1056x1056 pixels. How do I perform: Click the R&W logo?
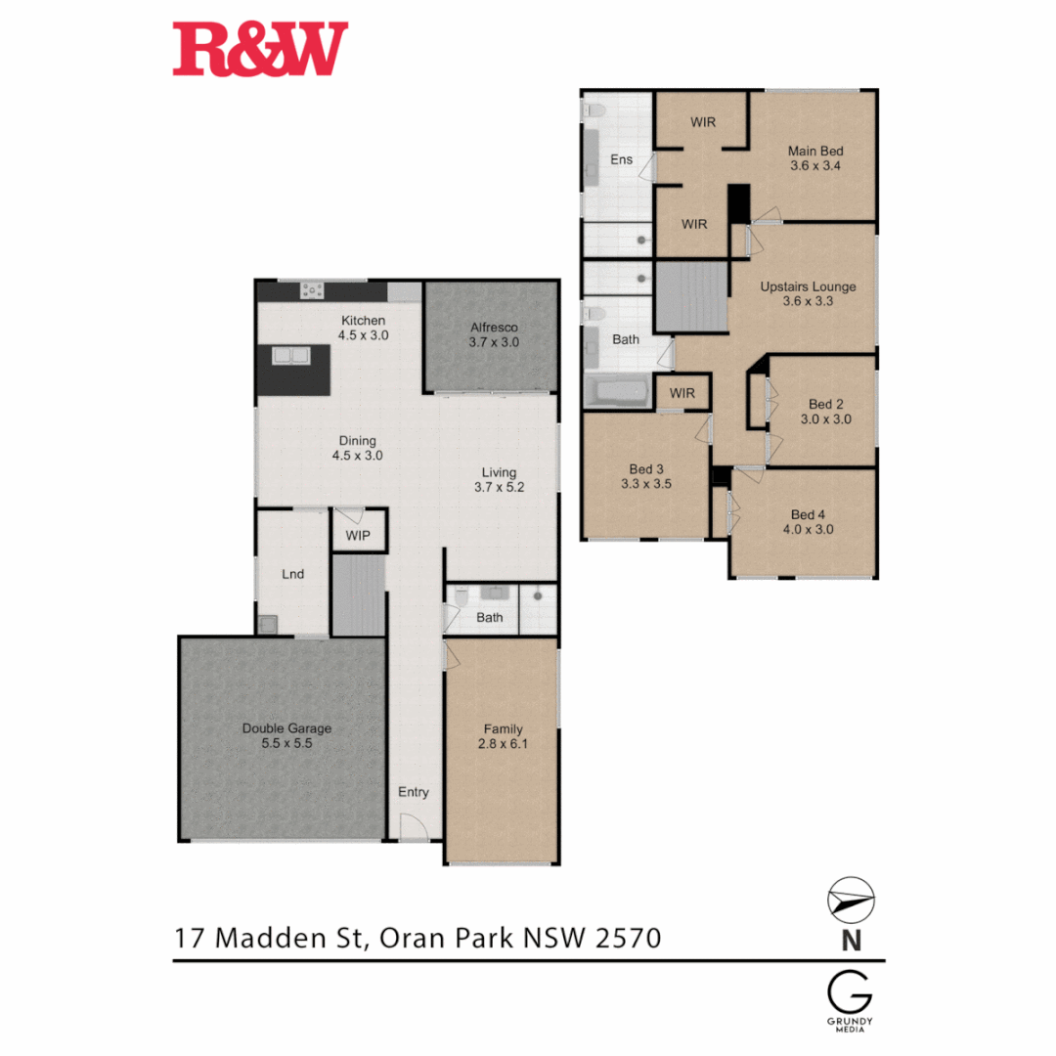[x=260, y=51]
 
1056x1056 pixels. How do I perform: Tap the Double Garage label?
[x=287, y=728]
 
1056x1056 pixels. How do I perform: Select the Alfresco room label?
[x=493, y=328]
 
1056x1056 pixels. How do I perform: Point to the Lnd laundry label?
[x=292, y=574]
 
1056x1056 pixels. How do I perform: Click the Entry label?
[x=413, y=792]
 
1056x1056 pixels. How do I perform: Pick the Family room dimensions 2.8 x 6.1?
[x=503, y=743]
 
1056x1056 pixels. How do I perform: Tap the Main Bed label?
[x=816, y=152]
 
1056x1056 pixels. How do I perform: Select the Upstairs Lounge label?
[x=809, y=286]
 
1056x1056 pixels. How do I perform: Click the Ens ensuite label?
[x=622, y=158]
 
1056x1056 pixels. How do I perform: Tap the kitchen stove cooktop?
[x=312, y=289]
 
